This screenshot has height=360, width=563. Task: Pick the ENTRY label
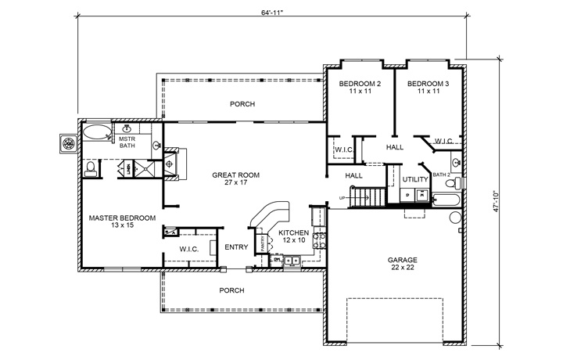(236, 248)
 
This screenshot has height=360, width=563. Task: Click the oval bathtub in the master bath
(98, 131)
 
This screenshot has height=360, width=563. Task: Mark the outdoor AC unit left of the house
(69, 143)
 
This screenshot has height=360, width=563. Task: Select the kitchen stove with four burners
(317, 240)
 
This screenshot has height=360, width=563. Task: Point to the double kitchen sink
(292, 262)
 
